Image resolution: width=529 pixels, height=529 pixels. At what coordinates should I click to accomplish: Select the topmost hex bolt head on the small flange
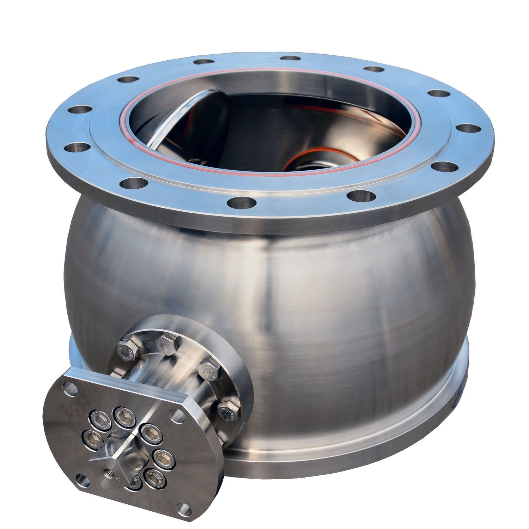tap(165, 341)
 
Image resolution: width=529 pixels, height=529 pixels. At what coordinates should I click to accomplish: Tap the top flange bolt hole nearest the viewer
tap(242, 202)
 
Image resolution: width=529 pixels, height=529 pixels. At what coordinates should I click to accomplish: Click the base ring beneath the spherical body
tap(353, 455)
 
